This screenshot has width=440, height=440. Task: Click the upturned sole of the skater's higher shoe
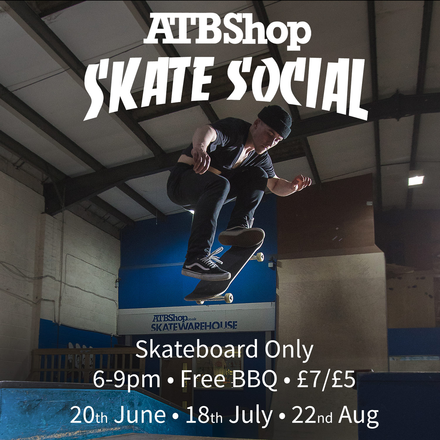pyautogui.click(x=241, y=236)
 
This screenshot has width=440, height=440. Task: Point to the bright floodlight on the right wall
pyautogui.click(x=416, y=180)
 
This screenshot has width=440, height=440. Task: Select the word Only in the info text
pyautogui.click(x=289, y=351)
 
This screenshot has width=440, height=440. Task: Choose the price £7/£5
pyautogui.click(x=326, y=379)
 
